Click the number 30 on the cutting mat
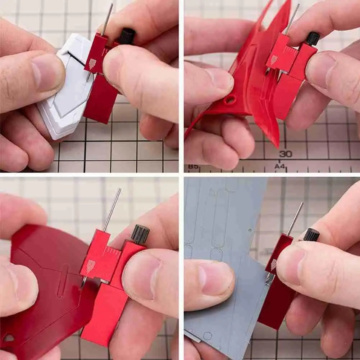[286, 154]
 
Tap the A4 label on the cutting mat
[280, 166]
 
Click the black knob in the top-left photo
[127, 36]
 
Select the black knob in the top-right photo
[313, 38]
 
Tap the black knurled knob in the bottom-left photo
[140, 234]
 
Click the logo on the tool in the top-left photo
[92, 64]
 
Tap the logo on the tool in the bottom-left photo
[91, 266]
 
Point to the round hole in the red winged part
[230, 99]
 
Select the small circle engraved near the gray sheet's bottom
[207, 336]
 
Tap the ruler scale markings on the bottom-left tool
[112, 252]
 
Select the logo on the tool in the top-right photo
[274, 60]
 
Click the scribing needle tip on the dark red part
[82, 287]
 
